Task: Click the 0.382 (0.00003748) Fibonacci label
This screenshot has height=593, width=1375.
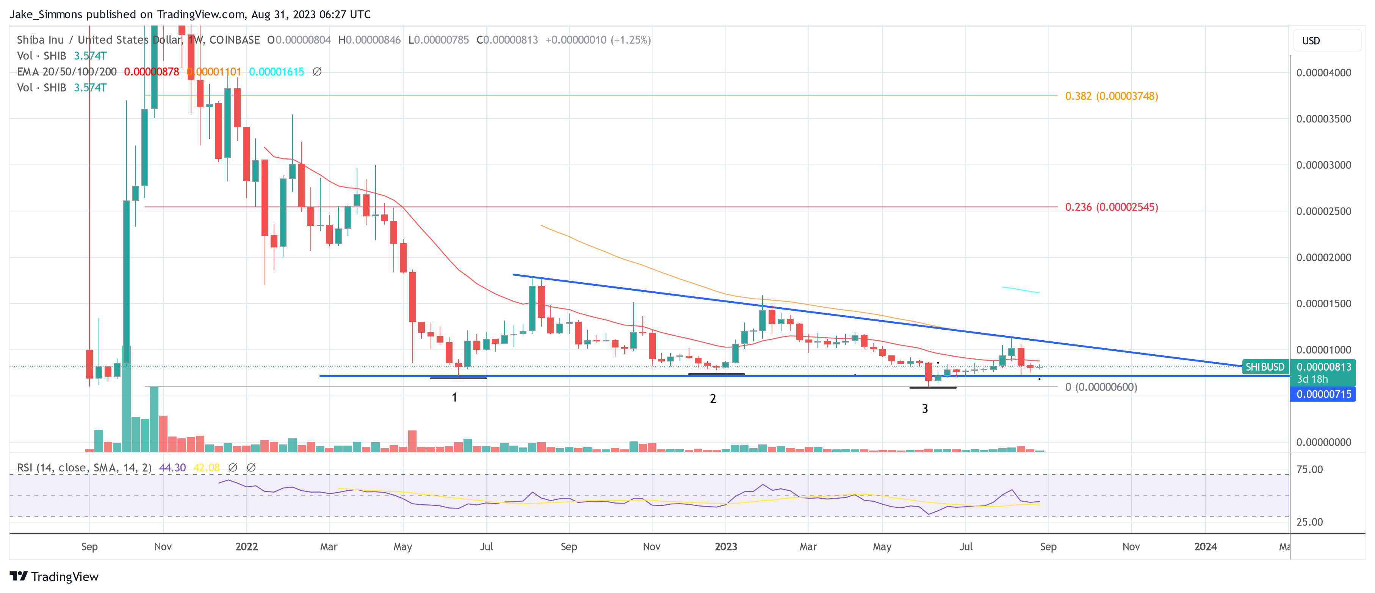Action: point(1111,96)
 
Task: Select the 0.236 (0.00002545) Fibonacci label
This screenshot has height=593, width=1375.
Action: point(1111,207)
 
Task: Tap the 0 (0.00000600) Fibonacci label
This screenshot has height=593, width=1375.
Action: point(1101,387)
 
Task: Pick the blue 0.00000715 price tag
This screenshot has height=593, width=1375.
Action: point(1323,394)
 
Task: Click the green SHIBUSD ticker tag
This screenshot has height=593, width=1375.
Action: point(1264,367)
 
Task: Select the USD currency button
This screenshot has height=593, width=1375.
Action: point(1311,41)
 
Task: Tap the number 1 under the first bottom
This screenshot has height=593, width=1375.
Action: point(454,397)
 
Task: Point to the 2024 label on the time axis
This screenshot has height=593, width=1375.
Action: point(1205,546)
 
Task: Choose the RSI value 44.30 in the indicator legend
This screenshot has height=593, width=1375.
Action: point(172,468)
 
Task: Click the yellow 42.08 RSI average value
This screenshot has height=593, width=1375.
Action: point(206,468)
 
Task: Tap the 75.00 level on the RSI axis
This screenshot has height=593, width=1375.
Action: point(1309,470)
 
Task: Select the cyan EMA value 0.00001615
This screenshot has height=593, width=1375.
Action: point(277,72)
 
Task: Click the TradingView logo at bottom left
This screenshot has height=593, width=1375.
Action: point(54,576)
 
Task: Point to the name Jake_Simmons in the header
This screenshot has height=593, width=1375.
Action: point(46,14)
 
